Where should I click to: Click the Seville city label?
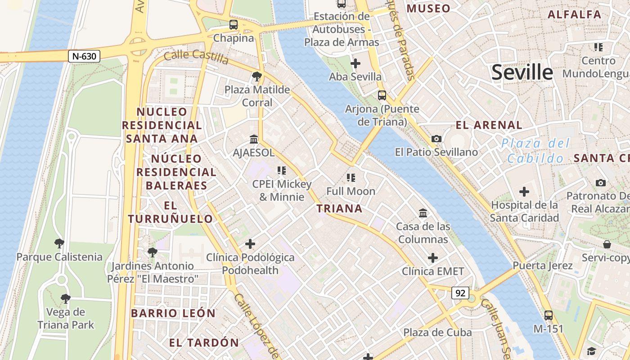tap(522, 72)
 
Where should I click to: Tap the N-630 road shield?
tap(84, 56)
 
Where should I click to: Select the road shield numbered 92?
tap(460, 293)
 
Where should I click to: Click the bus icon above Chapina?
tap(233, 25)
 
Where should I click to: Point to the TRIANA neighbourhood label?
tap(339, 208)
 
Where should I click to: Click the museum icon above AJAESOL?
tap(253, 139)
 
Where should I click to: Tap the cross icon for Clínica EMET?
tap(432, 258)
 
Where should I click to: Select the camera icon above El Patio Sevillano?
tap(436, 139)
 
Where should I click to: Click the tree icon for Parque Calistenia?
tap(59, 244)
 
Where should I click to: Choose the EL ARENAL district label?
tap(489, 125)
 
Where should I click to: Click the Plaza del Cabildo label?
tap(535, 151)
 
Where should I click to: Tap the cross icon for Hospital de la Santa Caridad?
tap(524, 192)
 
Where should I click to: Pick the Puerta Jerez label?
tap(543, 265)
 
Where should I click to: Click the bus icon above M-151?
tap(548, 315)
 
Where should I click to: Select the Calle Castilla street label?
tap(196, 56)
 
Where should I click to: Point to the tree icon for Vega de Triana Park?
tap(66, 298)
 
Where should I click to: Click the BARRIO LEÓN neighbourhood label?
tap(173, 313)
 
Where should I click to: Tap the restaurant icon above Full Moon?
tap(351, 178)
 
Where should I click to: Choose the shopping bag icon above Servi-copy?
tap(607, 244)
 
